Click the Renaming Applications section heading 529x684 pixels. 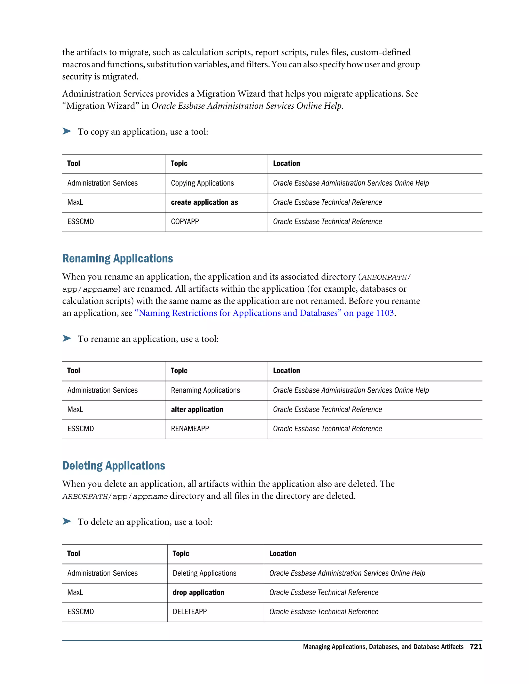tap(118, 258)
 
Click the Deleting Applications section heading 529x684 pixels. tap(113, 465)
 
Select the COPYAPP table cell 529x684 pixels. tap(185, 222)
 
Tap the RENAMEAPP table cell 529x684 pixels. tap(190, 429)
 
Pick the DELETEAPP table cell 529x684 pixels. tap(190, 612)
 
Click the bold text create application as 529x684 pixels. tap(204, 202)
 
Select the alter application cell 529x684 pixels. tap(197, 409)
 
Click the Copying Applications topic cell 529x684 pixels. tap(202, 183)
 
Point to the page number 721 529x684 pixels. tap(476, 647)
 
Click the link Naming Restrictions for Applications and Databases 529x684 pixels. tap(238, 313)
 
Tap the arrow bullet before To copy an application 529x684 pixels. tap(67, 131)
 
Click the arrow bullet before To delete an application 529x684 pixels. tap(67, 521)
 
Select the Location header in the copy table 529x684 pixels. tap(286, 163)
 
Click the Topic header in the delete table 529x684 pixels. tap(181, 553)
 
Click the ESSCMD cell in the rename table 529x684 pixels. tap(81, 429)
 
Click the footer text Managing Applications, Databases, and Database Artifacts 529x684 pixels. tap(383, 647)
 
